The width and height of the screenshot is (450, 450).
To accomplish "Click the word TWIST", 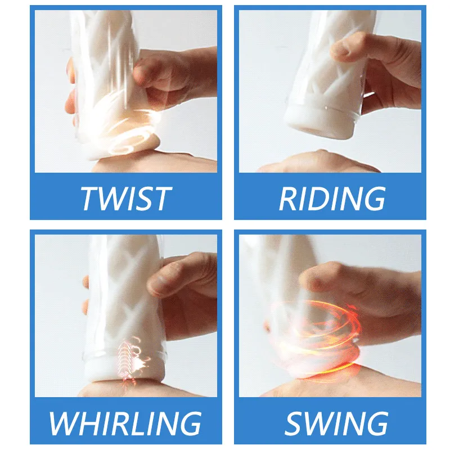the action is point(126,199).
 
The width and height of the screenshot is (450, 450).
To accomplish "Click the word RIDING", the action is point(332,199).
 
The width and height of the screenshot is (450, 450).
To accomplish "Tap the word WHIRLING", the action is point(125,424).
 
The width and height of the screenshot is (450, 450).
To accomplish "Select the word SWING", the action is point(336,424).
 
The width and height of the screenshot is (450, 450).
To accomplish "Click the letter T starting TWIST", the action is point(90,199).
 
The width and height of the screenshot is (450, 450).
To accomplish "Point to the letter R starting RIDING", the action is point(288,199).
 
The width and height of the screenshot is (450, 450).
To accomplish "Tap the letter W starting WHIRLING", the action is point(65,424).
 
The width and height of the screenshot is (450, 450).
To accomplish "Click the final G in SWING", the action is point(376,424).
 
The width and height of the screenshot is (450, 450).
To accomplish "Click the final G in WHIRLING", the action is point(190,424).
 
